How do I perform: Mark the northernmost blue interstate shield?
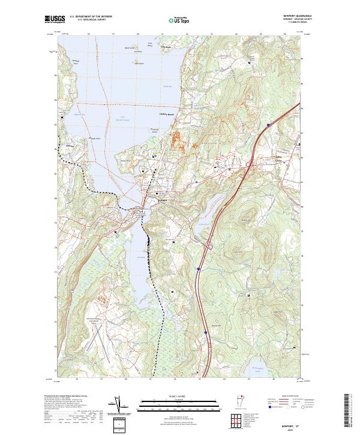click(x=268, y=125)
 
